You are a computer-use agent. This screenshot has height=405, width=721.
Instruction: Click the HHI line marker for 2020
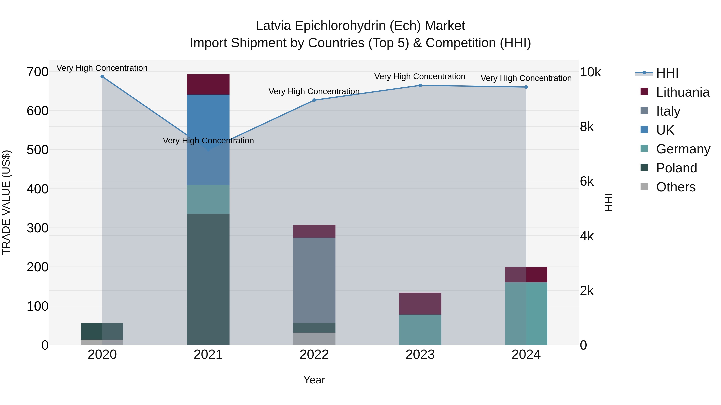pos(102,77)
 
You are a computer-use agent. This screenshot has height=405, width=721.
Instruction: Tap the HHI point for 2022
pos(314,100)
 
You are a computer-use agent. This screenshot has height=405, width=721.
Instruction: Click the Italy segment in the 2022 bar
pos(314,280)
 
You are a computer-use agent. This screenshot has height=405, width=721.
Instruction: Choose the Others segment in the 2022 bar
pos(314,339)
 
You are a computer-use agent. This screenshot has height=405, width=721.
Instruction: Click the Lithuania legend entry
pos(682,92)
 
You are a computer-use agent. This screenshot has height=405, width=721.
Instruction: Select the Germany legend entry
pos(683,149)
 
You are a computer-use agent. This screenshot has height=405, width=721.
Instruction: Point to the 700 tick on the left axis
pos(37,72)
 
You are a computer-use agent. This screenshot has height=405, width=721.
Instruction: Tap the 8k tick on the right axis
pos(587,127)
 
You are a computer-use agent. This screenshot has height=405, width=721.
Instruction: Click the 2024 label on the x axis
pos(526,355)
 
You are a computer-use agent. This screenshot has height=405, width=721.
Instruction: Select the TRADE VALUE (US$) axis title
pos(6,202)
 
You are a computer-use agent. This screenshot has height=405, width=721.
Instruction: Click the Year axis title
pos(314,380)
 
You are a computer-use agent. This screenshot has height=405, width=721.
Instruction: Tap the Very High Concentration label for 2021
pos(208,141)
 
